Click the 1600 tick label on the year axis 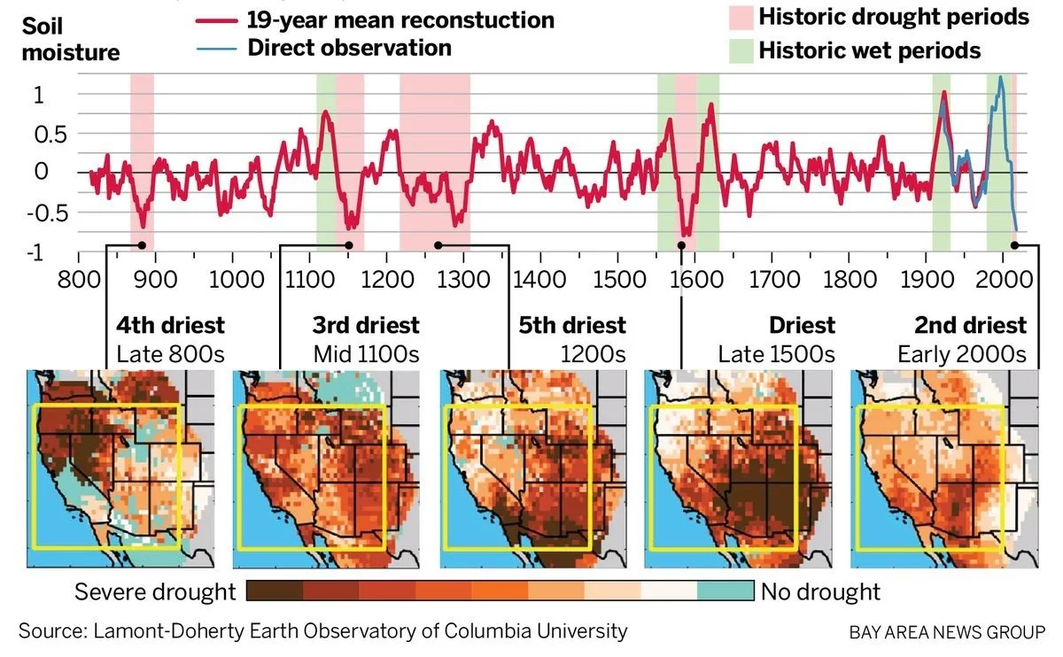pyautogui.click(x=696, y=279)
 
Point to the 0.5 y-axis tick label pyautogui.click(x=50, y=135)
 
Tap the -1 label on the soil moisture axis pyautogui.click(x=35, y=253)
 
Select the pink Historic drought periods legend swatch pyautogui.click(x=741, y=18)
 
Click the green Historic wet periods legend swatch pyautogui.click(x=741, y=51)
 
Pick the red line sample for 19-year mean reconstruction pyautogui.click(x=217, y=21)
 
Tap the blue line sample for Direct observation pyautogui.click(x=217, y=49)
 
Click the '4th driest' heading pyautogui.click(x=170, y=326)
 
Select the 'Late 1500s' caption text pyautogui.click(x=776, y=354)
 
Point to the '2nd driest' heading pyautogui.click(x=971, y=326)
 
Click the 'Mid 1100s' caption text pyautogui.click(x=367, y=354)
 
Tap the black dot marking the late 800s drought pyautogui.click(x=142, y=245)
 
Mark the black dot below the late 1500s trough pyautogui.click(x=681, y=245)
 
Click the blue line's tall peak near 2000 pyautogui.click(x=1001, y=77)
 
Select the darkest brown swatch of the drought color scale pyautogui.click(x=275, y=591)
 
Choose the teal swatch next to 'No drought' pyautogui.click(x=725, y=591)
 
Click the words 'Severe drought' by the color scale pyautogui.click(x=155, y=592)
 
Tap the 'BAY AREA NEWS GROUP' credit pyautogui.click(x=947, y=632)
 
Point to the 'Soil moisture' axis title pyautogui.click(x=71, y=39)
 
